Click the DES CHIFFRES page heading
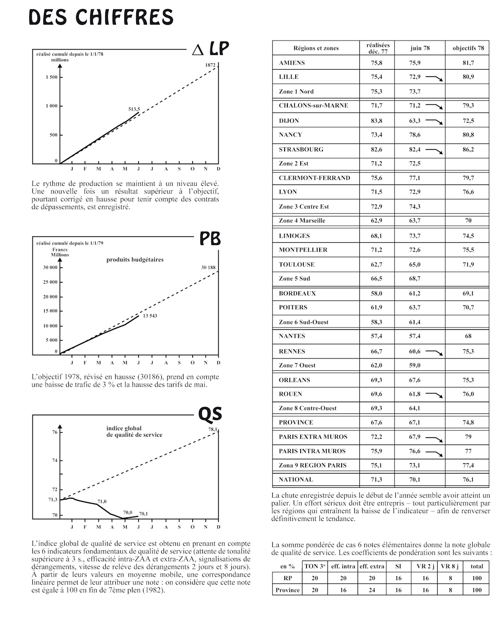coord(101,17)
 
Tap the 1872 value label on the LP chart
coord(210,66)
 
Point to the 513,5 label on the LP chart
coord(134,109)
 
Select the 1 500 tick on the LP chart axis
coord(51,77)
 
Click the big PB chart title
coord(210,239)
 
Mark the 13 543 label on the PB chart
coord(150,316)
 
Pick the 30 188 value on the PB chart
coord(208,267)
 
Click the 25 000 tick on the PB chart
coord(50,282)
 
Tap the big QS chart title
coord(210,414)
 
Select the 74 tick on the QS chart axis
coord(55,460)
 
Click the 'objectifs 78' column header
coord(468,48)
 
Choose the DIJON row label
coord(289,121)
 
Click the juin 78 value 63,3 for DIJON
coord(414,121)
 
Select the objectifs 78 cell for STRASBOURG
coord(468,149)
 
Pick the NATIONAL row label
coord(296,480)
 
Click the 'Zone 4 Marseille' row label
coord(302,221)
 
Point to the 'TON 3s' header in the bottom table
coord(314,567)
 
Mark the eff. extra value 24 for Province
coord(372,590)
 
